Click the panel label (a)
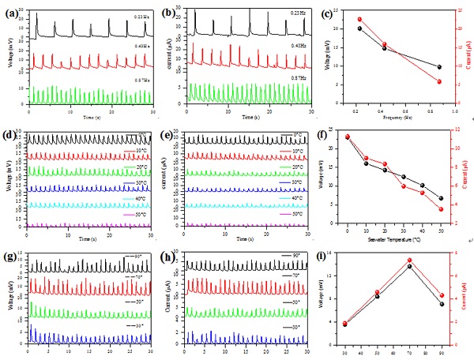[x=12, y=12]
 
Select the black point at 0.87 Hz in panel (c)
[x=439, y=67]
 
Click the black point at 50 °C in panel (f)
[x=441, y=198]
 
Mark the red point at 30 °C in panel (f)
[x=404, y=186]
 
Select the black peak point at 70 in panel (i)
[x=409, y=266]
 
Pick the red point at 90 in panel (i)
[x=442, y=295]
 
